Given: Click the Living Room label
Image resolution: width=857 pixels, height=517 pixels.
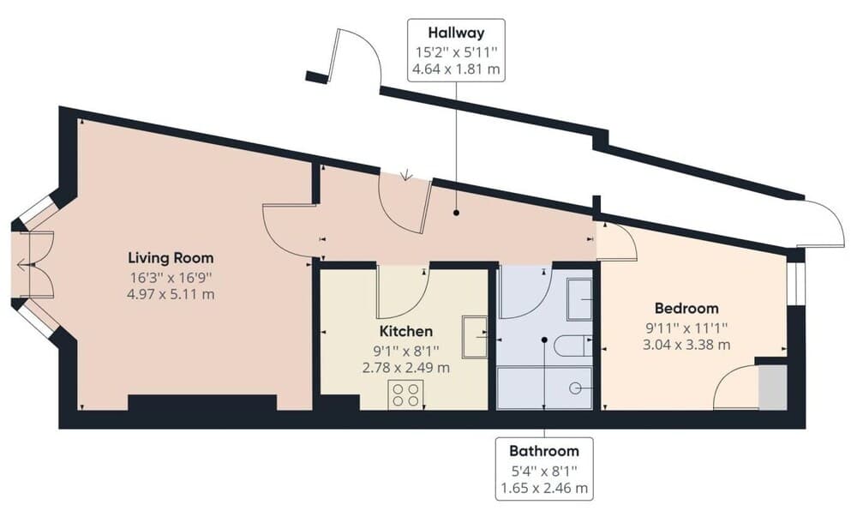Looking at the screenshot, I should (171, 257).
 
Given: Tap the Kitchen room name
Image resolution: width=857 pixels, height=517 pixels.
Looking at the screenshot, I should (405, 330).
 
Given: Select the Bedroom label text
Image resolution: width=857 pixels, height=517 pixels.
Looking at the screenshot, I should (686, 308).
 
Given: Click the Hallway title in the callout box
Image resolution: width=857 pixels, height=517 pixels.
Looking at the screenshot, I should (457, 33).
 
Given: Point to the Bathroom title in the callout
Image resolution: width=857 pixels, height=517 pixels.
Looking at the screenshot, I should (544, 450).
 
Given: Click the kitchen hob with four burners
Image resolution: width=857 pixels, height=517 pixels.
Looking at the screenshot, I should (405, 394).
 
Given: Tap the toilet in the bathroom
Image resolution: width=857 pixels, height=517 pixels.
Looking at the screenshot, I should (571, 346).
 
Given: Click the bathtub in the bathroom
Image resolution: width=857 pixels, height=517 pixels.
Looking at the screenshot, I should (547, 388).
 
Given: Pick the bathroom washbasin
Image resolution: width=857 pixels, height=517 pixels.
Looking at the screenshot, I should (580, 298).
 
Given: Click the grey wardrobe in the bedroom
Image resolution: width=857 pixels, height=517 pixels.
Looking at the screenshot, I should (771, 387).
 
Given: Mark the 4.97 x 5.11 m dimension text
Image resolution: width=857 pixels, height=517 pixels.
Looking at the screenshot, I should (171, 295).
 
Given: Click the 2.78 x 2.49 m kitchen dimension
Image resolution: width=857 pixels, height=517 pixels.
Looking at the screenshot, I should (405, 368).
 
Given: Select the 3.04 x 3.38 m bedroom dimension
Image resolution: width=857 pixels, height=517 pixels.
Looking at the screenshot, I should (686, 346).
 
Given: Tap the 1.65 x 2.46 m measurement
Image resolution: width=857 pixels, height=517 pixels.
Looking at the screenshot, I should (544, 489).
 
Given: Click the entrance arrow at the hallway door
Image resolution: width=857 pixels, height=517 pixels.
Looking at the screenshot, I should (406, 177).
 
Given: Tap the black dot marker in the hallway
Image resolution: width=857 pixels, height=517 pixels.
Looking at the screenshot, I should (456, 211).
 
